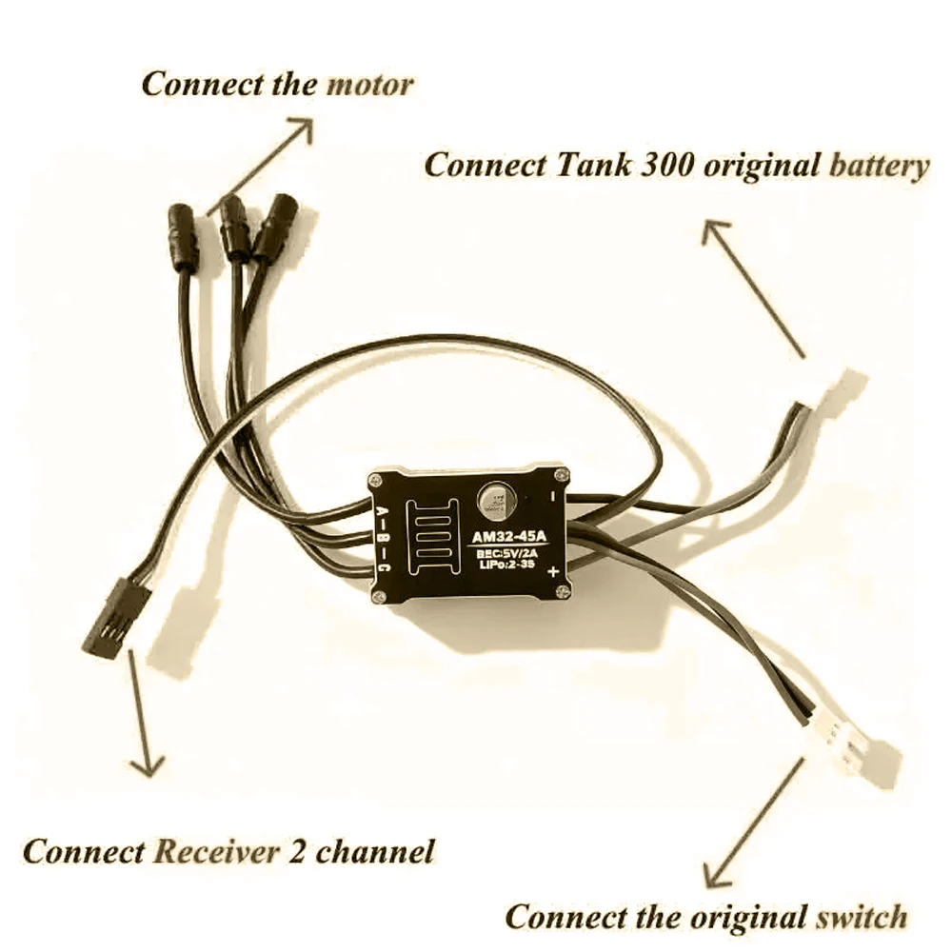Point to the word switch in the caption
[x=860, y=918]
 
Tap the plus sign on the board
[x=553, y=571]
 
